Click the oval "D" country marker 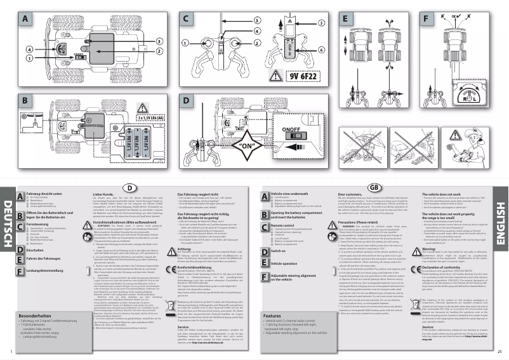point(129,188)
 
